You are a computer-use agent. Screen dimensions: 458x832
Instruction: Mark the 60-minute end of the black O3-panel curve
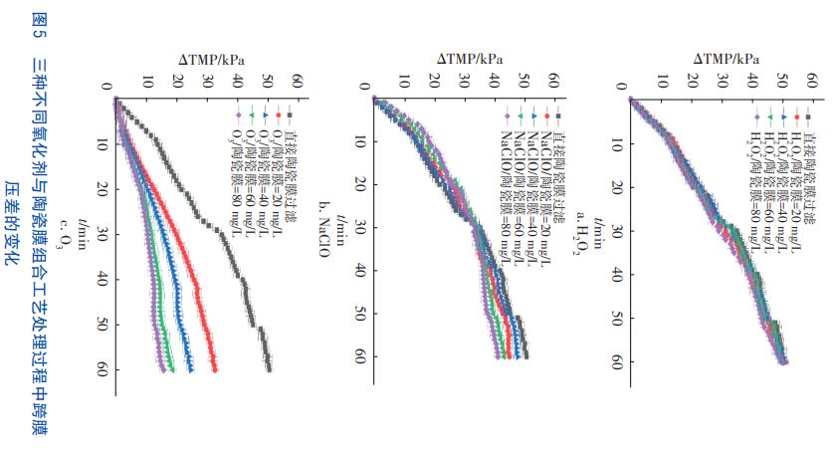point(269,368)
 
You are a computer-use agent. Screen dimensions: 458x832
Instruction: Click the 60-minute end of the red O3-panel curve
point(215,369)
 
